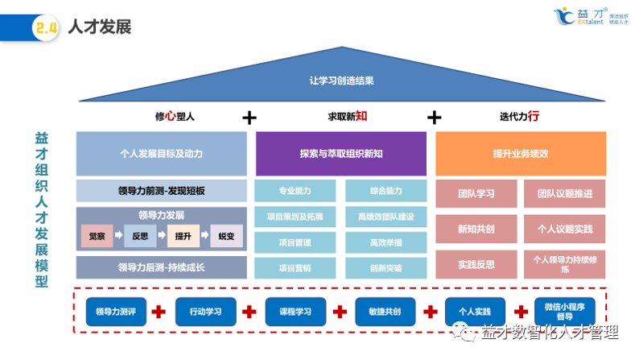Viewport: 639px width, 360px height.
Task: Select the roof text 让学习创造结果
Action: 341,81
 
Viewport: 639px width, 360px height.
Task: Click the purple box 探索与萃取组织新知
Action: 341,153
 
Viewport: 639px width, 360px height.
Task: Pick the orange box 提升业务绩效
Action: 521,153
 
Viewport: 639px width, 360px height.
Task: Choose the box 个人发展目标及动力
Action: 161,153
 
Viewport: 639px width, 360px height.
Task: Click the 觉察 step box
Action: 97,236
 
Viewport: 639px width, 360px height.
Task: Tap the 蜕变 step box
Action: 226,236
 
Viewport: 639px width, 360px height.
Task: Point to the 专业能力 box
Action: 295,191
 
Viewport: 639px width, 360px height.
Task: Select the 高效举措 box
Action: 385,242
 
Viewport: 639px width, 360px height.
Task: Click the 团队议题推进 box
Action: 564,193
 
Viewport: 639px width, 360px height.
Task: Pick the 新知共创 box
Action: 476,229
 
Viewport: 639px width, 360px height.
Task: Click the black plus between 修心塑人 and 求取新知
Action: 249,118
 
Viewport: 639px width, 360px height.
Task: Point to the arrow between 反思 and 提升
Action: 161,236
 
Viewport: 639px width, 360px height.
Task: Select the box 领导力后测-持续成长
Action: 161,267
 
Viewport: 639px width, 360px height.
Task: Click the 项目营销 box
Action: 295,267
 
